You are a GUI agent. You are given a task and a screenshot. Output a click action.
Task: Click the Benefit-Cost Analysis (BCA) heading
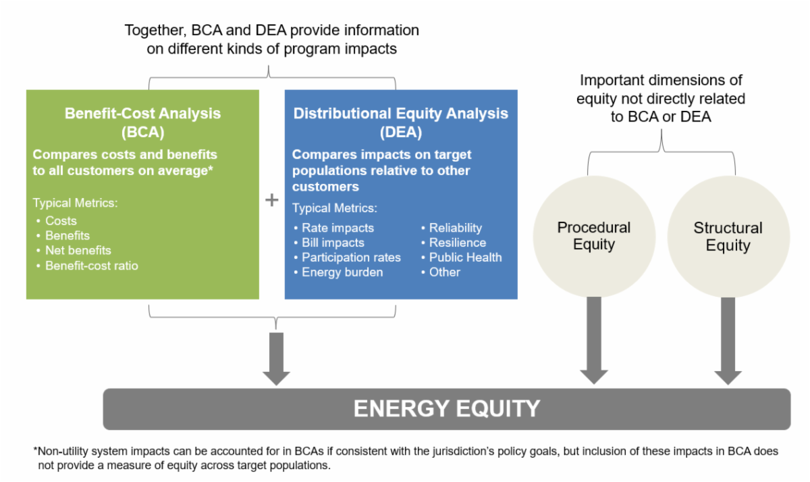[x=142, y=122]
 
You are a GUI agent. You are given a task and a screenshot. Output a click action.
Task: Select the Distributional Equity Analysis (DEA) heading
[x=401, y=122]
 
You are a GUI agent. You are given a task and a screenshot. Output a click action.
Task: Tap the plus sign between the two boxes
[x=272, y=201]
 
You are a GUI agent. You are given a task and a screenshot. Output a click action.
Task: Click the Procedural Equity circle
[x=594, y=236]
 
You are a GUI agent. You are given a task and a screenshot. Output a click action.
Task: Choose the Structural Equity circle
[x=728, y=236]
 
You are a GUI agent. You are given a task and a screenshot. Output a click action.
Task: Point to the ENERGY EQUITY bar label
[x=447, y=408]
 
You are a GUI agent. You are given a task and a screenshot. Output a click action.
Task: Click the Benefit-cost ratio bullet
[x=91, y=266]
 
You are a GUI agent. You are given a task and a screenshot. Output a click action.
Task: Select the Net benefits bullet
[x=78, y=251]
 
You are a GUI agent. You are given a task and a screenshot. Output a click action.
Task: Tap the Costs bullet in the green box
[x=61, y=221]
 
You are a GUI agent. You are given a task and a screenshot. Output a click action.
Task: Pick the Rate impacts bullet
[x=337, y=228]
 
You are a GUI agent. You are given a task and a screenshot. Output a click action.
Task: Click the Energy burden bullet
[x=342, y=272]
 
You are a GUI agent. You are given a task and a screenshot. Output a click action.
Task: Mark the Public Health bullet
[x=465, y=258]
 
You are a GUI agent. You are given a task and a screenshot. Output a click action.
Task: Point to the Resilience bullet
[x=457, y=243]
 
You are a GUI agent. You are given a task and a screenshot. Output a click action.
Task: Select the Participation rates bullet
[x=351, y=258]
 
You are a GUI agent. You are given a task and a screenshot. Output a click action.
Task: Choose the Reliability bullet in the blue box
[x=456, y=228]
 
